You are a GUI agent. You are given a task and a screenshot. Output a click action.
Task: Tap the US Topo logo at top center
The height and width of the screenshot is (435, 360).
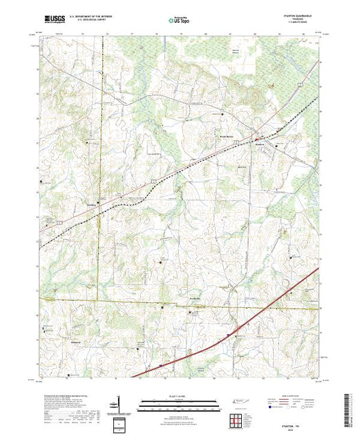(179, 20)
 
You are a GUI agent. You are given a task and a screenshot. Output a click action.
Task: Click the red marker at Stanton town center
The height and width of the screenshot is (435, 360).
(258, 132)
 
